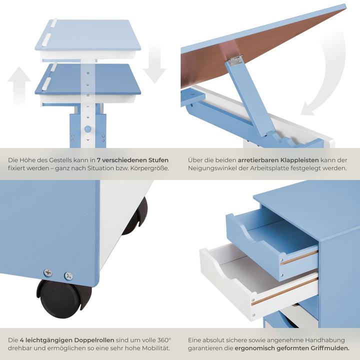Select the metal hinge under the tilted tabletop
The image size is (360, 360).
pos(234,60)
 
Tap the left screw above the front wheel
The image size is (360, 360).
pos(48,272)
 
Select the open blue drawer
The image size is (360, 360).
pos(270,240)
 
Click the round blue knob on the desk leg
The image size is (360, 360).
pos(88,129)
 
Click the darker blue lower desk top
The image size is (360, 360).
pos(87,80)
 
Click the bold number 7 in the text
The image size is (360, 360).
pos(99,160)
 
